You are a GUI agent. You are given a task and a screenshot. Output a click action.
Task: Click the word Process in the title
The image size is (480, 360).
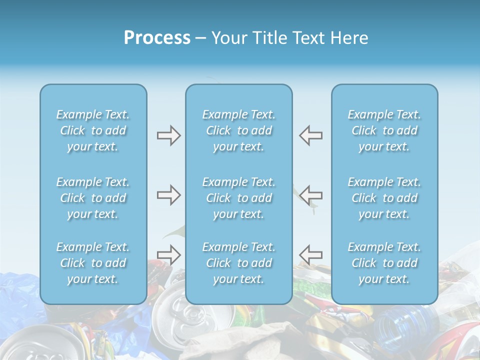(157, 37)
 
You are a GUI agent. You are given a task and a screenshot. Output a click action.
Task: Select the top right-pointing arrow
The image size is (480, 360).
(168, 135)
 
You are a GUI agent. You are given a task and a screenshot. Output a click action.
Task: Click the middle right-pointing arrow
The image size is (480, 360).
(168, 195)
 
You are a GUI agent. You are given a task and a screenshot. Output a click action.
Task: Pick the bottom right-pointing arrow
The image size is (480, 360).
(168, 254)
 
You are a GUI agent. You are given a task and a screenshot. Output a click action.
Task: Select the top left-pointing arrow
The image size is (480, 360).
(310, 135)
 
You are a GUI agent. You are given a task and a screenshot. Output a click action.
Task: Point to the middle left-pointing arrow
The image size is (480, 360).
(310, 195)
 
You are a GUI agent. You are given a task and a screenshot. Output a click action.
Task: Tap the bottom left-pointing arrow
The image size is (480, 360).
(310, 254)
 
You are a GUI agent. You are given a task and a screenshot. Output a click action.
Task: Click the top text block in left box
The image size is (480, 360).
(93, 130)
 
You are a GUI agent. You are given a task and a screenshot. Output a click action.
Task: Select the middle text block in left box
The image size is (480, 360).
(93, 198)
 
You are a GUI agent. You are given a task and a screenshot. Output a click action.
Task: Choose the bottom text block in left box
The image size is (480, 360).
(93, 263)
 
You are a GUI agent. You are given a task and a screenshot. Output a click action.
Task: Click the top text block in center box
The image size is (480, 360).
(239, 130)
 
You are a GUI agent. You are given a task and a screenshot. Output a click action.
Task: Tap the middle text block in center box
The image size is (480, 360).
(239, 198)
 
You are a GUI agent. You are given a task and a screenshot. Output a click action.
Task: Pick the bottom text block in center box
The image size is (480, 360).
(239, 263)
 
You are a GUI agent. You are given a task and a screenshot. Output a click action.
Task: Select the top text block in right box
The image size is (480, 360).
(384, 130)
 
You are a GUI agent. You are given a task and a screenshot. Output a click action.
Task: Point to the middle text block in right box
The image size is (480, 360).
(384, 198)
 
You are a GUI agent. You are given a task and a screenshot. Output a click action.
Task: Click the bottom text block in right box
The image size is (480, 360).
(384, 263)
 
